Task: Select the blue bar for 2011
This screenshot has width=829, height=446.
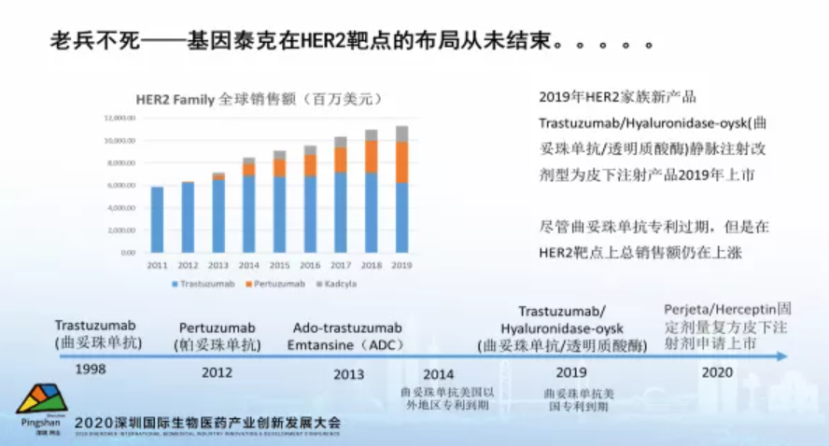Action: pyautogui.click(x=157, y=219)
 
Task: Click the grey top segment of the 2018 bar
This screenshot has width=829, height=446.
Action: pyautogui.click(x=372, y=134)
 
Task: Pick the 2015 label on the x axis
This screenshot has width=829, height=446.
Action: pyautogui.click(x=279, y=265)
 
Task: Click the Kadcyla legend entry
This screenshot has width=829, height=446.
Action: pyautogui.click(x=343, y=282)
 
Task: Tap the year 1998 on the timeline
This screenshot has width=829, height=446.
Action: pyautogui.click(x=91, y=369)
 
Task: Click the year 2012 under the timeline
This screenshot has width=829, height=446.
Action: pyautogui.click(x=218, y=372)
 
